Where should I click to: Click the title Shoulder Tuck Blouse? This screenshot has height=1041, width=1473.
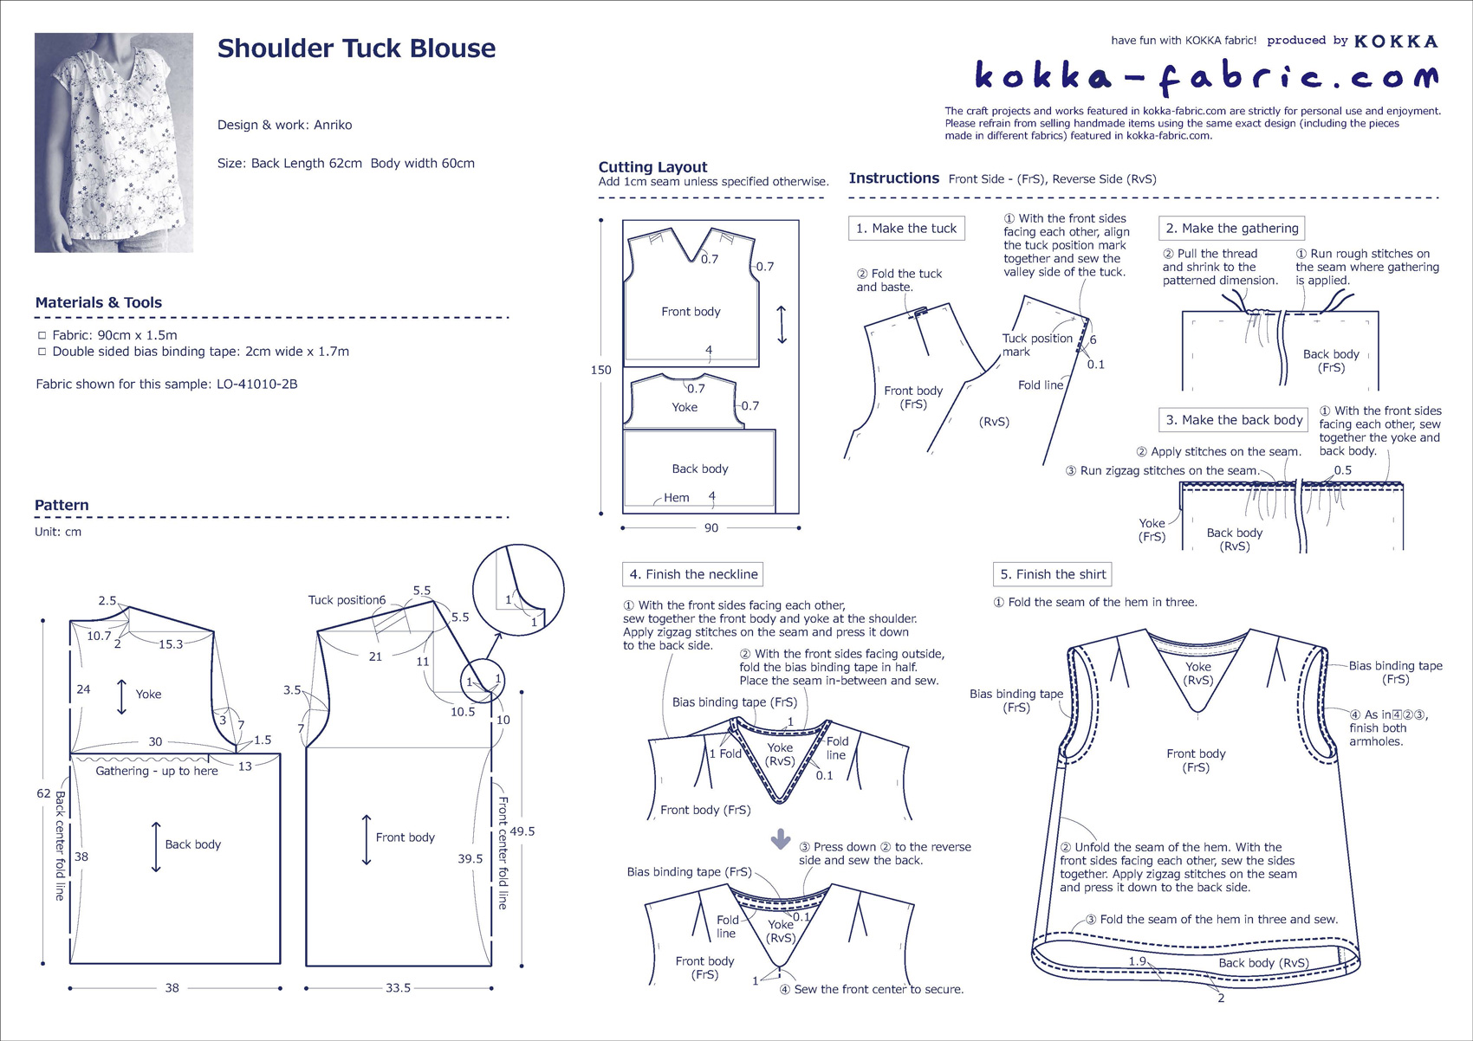click(x=356, y=48)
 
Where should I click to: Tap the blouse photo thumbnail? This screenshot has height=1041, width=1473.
click(x=114, y=143)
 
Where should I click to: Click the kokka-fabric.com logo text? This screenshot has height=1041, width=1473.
click(x=1207, y=78)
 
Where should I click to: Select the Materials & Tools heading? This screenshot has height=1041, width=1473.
click(x=99, y=302)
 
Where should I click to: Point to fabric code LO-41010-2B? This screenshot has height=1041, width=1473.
click(x=257, y=384)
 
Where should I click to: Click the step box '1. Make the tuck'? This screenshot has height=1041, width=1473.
click(x=906, y=228)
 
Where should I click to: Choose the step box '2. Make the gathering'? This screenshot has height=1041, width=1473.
click(x=1231, y=228)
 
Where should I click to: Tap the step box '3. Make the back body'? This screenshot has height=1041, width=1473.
click(x=1234, y=420)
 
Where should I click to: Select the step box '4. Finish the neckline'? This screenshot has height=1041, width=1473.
click(x=693, y=574)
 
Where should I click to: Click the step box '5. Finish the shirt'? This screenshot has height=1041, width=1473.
click(x=1052, y=574)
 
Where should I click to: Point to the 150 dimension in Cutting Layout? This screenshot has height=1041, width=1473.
click(x=601, y=370)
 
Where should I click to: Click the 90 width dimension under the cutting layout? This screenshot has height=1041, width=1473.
click(x=711, y=527)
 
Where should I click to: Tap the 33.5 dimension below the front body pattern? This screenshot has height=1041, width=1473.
click(x=398, y=988)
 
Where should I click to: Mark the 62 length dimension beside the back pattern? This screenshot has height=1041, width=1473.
click(x=43, y=793)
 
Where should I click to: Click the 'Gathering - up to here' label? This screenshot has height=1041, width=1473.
click(x=157, y=771)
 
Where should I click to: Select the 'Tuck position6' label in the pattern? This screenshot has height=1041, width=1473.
click(x=347, y=600)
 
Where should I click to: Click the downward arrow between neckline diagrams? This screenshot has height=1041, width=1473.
click(x=781, y=839)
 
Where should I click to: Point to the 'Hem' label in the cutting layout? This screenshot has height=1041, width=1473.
click(x=676, y=497)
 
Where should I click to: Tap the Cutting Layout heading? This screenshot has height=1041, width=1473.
click(x=652, y=167)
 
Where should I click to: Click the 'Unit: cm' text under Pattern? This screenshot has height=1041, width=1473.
click(x=58, y=532)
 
